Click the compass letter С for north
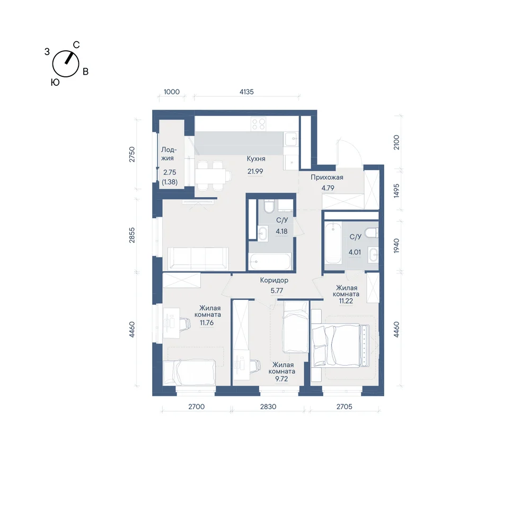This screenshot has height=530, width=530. tap(76, 45)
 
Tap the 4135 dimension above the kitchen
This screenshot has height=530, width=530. tap(246, 92)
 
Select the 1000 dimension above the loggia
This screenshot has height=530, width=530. tap(171, 92)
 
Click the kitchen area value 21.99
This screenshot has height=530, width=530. tap(255, 171)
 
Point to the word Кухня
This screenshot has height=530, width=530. tap(256, 158)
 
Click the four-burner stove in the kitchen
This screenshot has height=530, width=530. tap(259, 123)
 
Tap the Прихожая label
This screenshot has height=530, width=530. tap(327, 177)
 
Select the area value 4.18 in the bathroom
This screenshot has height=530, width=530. tap(281, 231)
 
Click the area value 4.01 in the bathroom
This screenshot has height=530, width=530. tap(355, 252)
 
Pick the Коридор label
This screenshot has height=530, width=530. tap(274, 280)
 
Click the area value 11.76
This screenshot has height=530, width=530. tap(207, 323)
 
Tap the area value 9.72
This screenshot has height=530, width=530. tap(281, 379)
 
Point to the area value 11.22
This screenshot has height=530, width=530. tap(346, 301)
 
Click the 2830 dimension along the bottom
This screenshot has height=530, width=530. tap(268, 407)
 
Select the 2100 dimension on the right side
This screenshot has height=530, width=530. tap(396, 142)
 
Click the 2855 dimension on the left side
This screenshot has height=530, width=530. tap(132, 235)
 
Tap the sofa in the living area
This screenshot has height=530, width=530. tap(198, 259)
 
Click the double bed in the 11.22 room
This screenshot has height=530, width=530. tap(341, 345)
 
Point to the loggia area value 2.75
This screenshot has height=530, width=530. tap(170, 172)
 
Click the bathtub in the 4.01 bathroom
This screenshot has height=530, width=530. tap(333, 242)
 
